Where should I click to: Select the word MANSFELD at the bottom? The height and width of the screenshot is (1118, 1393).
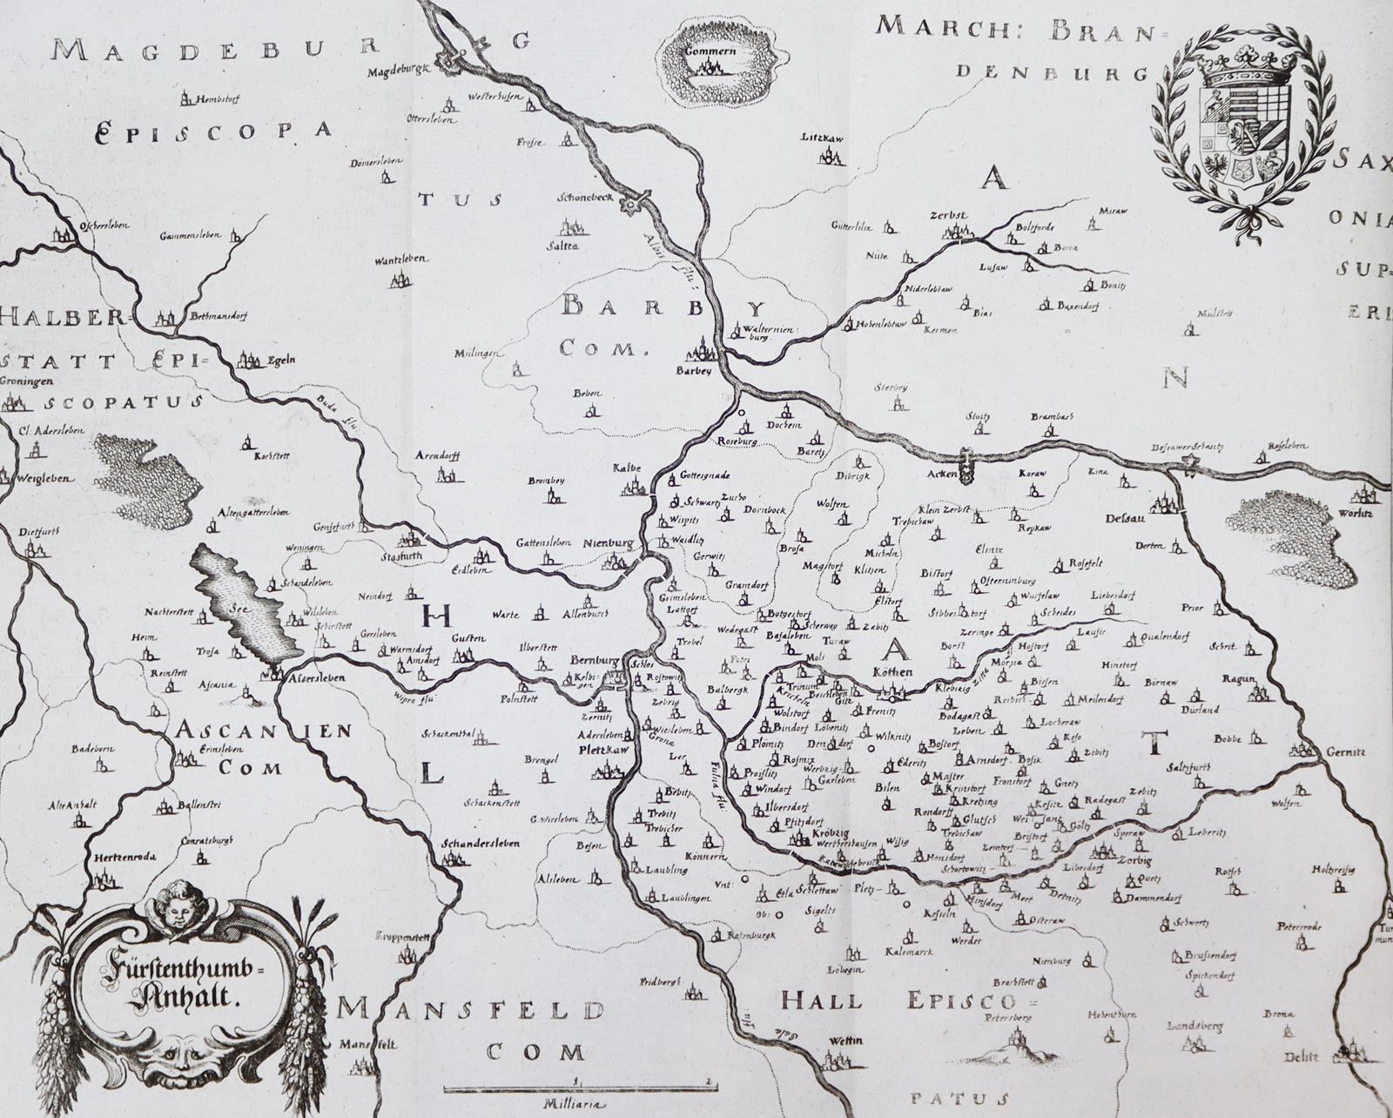pos(471,1010)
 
